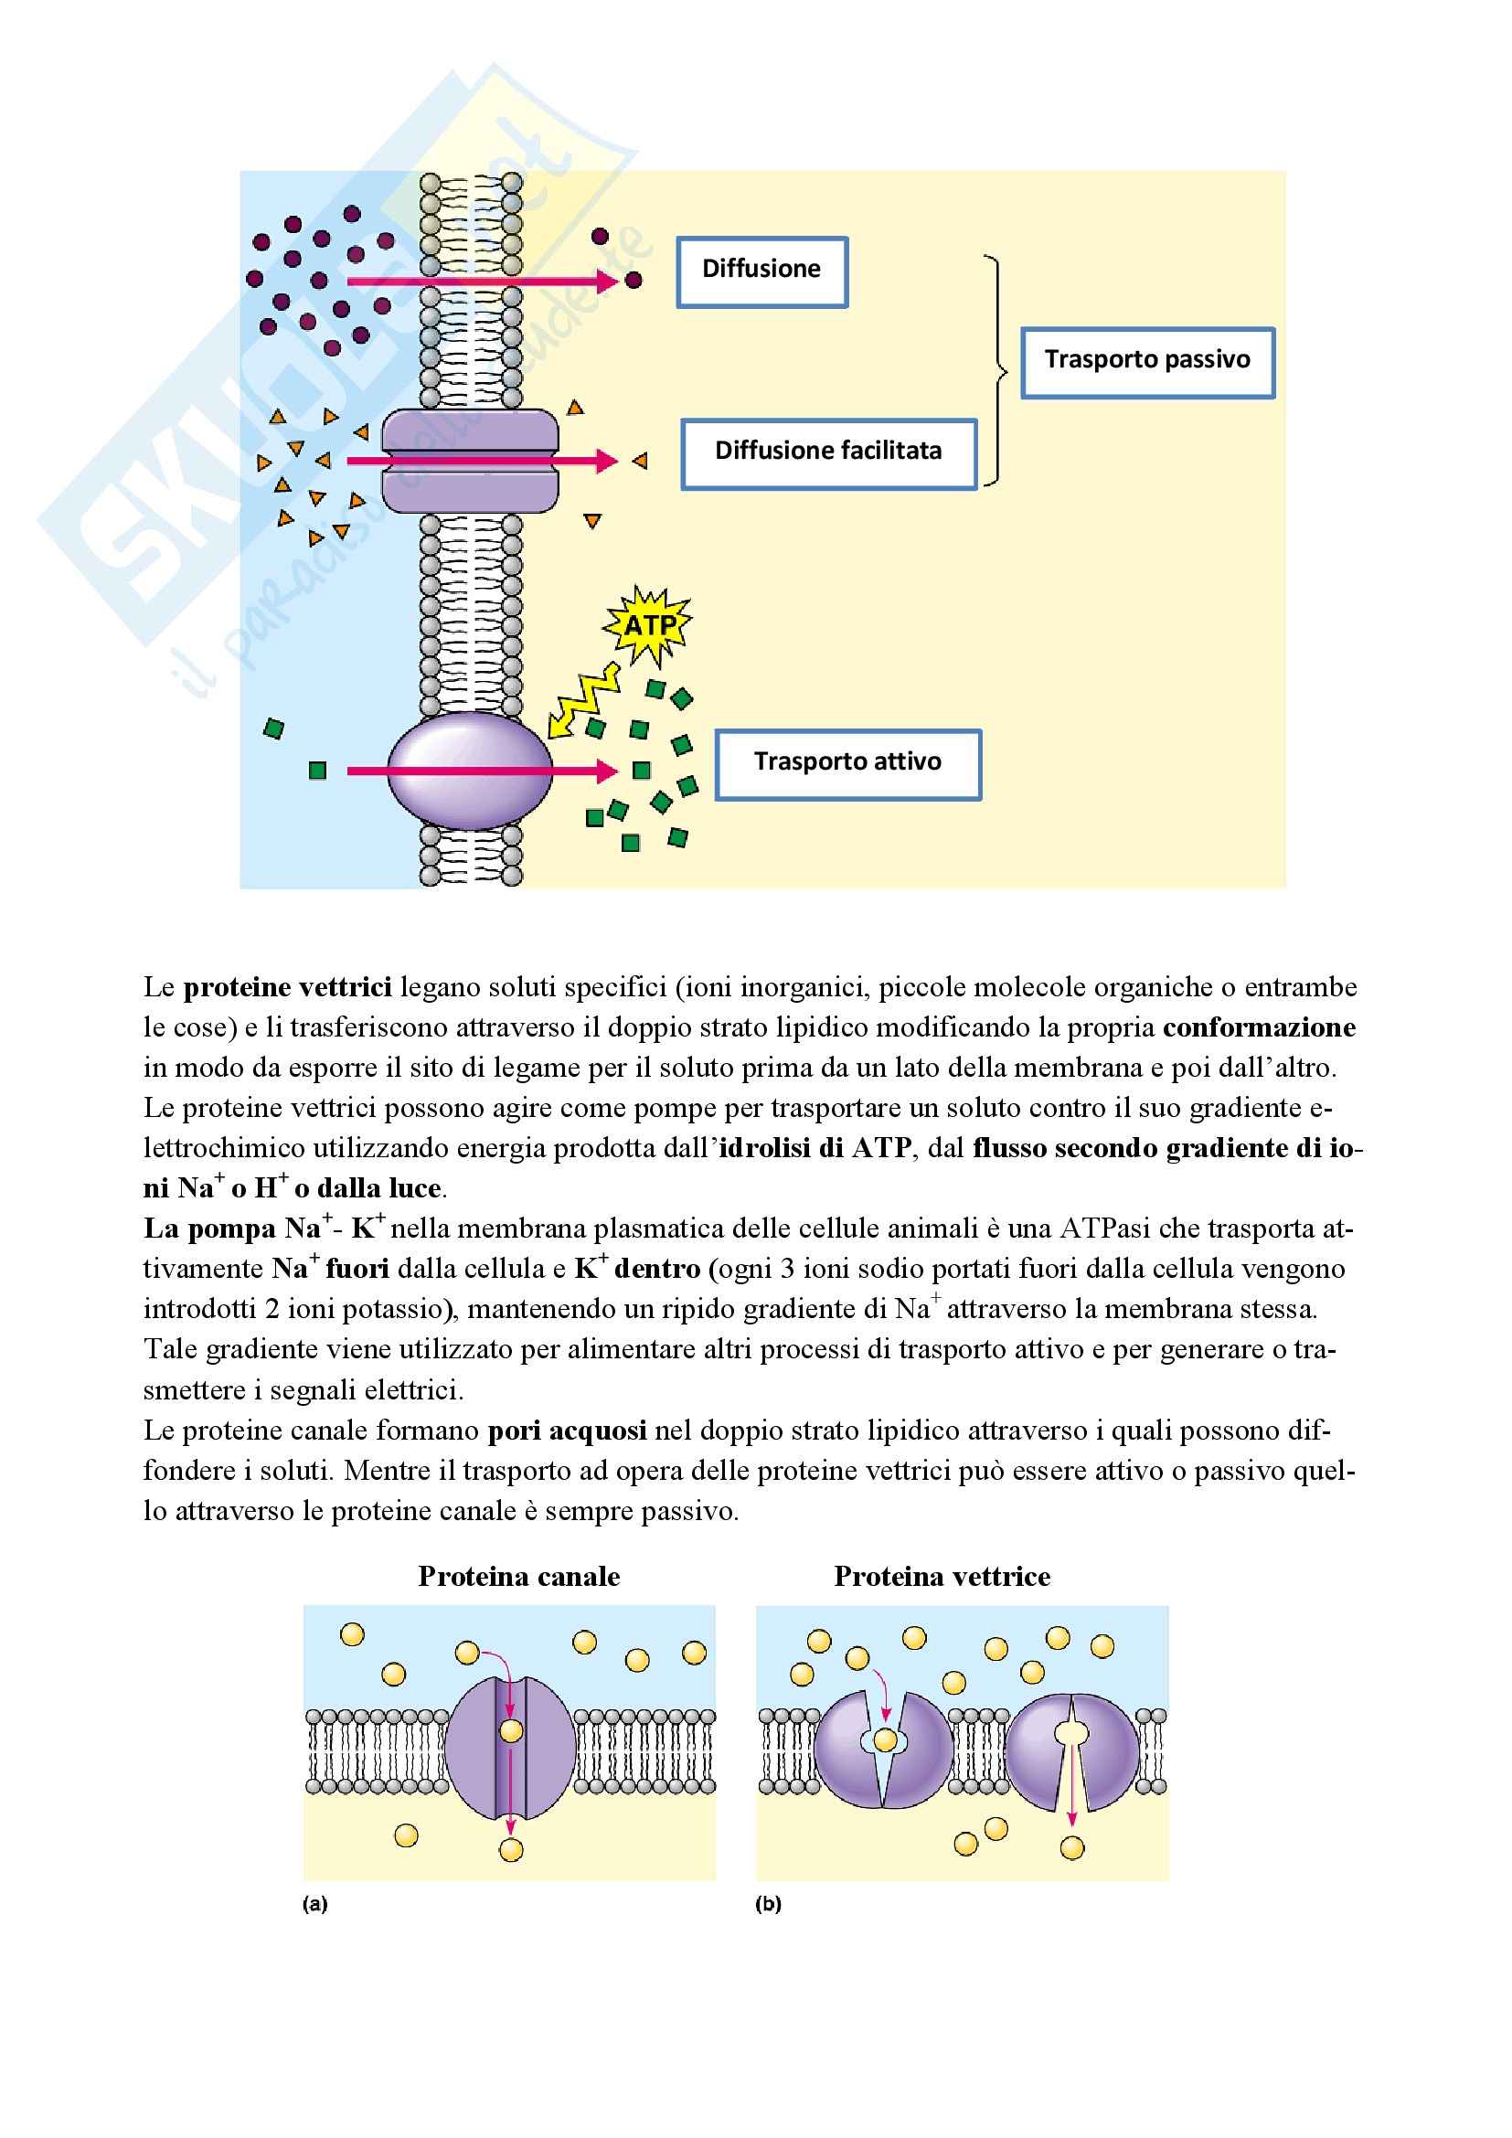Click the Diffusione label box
pos(761,271)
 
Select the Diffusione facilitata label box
pos(827,453)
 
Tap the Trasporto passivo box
pos(1147,362)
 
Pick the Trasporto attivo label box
pos(847,763)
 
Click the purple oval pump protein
pos(468,771)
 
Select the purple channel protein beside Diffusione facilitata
pos(470,461)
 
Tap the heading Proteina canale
pos(518,1576)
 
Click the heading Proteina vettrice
pos(942,1576)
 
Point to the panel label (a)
pos(314,1904)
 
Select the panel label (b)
pos(768,1904)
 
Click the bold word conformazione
pos(1259,1027)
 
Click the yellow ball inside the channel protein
pos(511,1731)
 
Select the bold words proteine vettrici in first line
pos(288,987)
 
